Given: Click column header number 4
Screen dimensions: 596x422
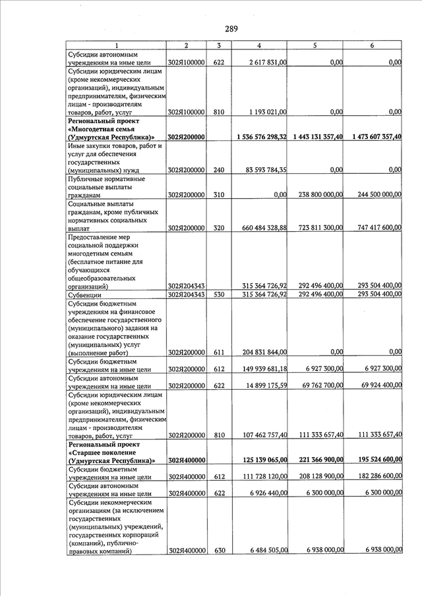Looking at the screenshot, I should pyautogui.click(x=259, y=45).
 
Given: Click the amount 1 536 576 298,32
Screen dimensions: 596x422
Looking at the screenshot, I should pyautogui.click(x=258, y=137).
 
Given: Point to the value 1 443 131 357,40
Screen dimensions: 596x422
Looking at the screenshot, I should pyautogui.click(x=315, y=137).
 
